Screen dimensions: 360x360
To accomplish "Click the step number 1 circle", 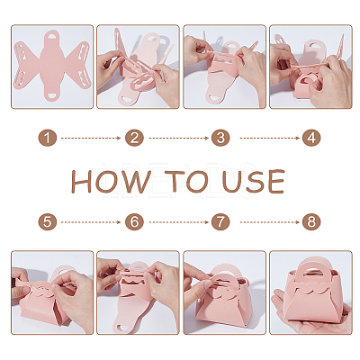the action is pos(48,138).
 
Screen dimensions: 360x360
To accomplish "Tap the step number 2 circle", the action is pos(134,138).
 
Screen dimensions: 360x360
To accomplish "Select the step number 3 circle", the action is pos(220,138).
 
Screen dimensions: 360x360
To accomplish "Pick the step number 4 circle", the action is pos(311,138).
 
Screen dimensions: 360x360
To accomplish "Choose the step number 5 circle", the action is pos(48,222).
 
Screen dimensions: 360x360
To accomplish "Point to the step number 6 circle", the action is pos(134,222).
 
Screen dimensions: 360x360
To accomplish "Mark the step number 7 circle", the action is pos(220,222).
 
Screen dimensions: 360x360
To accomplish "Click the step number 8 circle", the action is pos(311,222).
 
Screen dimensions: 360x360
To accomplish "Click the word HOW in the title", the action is pos(111,182).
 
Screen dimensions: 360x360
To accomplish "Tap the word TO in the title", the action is pos(186,182).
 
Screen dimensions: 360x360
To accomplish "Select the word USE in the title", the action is pos(254,182).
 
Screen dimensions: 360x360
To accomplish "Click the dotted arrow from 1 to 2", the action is pos(91,138).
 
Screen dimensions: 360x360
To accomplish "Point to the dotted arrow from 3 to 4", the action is pos(269,138).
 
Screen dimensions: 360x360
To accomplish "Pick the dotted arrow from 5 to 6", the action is pos(91,222).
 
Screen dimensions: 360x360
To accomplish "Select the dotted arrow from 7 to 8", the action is pos(269,222).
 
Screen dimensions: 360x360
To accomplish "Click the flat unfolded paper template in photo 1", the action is pos(51,65).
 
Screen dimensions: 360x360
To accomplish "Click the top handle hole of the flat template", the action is pos(51,35).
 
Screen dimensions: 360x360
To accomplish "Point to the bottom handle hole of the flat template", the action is pos(51,95).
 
